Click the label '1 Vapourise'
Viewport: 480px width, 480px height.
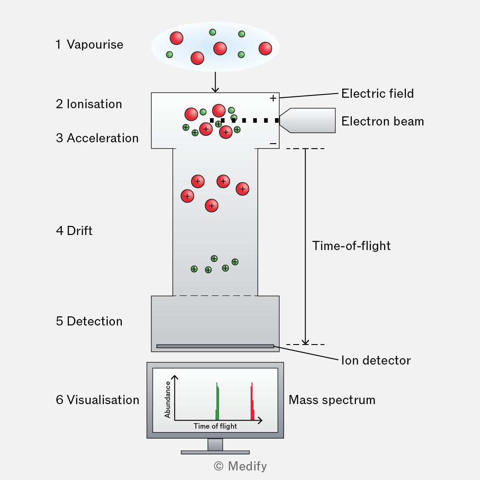[90, 45]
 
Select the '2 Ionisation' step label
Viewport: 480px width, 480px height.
[89, 104]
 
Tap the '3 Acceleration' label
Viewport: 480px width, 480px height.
[97, 138]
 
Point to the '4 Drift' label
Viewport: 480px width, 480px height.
[74, 231]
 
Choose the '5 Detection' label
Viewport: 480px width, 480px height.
[89, 321]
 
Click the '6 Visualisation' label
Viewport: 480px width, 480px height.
[97, 400]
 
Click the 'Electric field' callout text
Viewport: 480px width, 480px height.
[377, 94]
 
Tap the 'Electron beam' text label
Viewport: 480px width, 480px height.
[383, 121]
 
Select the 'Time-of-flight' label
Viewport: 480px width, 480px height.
[351, 246]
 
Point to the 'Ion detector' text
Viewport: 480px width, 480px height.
[376, 360]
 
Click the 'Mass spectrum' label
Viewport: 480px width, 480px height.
[332, 400]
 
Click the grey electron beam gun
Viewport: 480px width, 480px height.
[307, 120]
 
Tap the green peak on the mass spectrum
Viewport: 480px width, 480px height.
[217, 401]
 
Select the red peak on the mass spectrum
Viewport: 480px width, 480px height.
[252, 401]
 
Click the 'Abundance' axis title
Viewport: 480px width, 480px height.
[167, 400]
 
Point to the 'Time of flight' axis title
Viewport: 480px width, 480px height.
[215, 426]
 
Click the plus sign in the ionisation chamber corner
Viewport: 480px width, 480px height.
[273, 98]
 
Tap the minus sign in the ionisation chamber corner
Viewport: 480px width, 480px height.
[273, 144]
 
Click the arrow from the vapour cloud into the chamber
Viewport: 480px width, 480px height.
[215, 82]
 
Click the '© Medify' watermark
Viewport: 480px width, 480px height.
[240, 466]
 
